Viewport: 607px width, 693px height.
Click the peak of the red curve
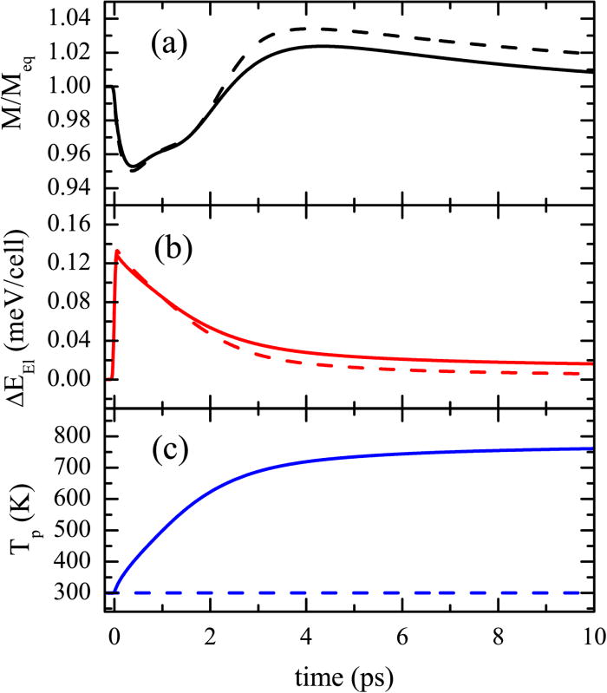(117, 252)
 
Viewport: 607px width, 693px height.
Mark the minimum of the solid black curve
(131, 166)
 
